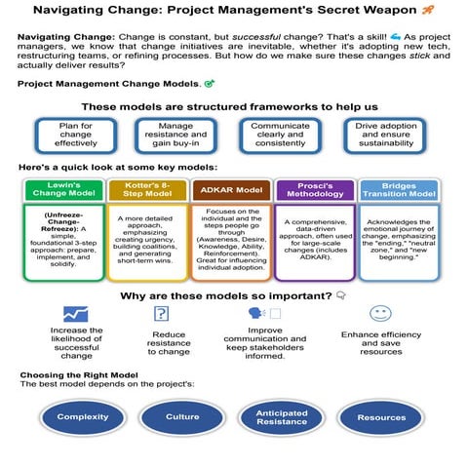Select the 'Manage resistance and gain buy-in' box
click(x=175, y=135)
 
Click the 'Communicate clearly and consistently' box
click(x=279, y=135)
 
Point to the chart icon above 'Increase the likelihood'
click(x=75, y=314)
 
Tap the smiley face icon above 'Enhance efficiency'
click(x=380, y=313)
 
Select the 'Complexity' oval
click(x=83, y=417)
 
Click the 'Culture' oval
click(x=182, y=417)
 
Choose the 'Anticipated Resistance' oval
click(x=282, y=417)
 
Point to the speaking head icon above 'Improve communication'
click(x=256, y=314)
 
